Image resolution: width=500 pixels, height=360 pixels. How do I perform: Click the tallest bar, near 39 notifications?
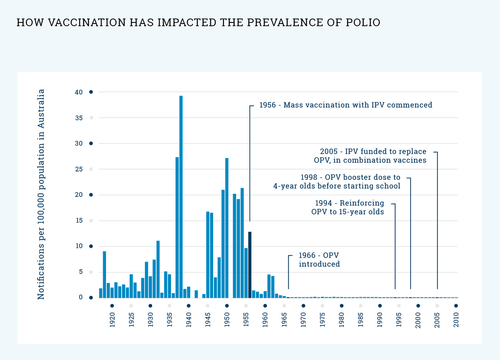pos(181,196)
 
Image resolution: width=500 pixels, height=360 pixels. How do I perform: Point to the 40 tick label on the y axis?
pos(79,92)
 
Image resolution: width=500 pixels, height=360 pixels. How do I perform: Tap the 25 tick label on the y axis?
pos(79,169)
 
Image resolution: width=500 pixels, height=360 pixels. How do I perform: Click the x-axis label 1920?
pos(112,320)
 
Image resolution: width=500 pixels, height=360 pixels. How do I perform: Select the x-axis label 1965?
pos(284,320)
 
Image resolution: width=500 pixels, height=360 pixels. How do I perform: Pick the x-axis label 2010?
pos(456,320)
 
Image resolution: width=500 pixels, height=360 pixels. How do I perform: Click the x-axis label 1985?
pos(361,320)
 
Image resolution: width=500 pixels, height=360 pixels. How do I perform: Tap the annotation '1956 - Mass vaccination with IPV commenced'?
pos(345,105)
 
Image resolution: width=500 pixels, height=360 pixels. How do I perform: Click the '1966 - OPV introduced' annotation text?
pos(319,260)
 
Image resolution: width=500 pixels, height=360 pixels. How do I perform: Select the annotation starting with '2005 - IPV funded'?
pos(370,156)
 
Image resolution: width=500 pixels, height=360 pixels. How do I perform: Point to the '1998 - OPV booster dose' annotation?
pos(337,182)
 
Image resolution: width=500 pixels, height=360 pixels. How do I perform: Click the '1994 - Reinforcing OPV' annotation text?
pos(348,207)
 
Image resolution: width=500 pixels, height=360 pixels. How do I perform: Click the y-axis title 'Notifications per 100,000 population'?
pos(41,194)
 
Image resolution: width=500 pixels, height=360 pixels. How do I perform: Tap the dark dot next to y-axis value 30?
pos(91,143)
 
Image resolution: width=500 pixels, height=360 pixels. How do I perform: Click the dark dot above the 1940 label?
pos(188,306)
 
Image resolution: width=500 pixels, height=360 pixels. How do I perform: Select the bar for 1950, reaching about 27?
pos(227,228)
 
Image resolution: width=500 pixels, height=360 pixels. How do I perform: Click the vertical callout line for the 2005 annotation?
pos(437,218)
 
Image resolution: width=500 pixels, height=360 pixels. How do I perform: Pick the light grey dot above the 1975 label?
pos(322,306)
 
